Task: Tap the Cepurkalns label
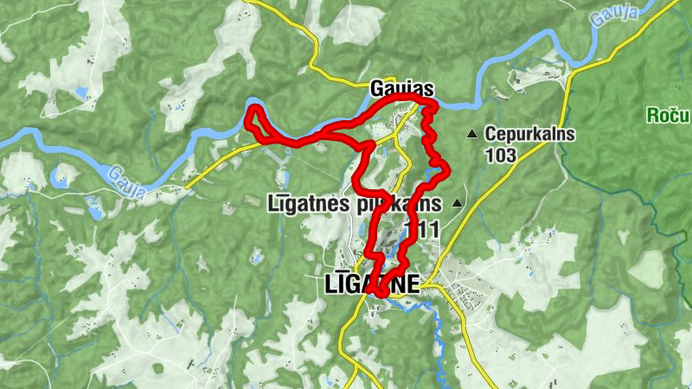coord(529,134)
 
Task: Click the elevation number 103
coord(500,156)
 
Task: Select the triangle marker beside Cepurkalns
coord(471,134)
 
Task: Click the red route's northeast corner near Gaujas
coord(432,104)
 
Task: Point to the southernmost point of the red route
coord(381,297)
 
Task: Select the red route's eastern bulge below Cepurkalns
coord(446,171)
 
